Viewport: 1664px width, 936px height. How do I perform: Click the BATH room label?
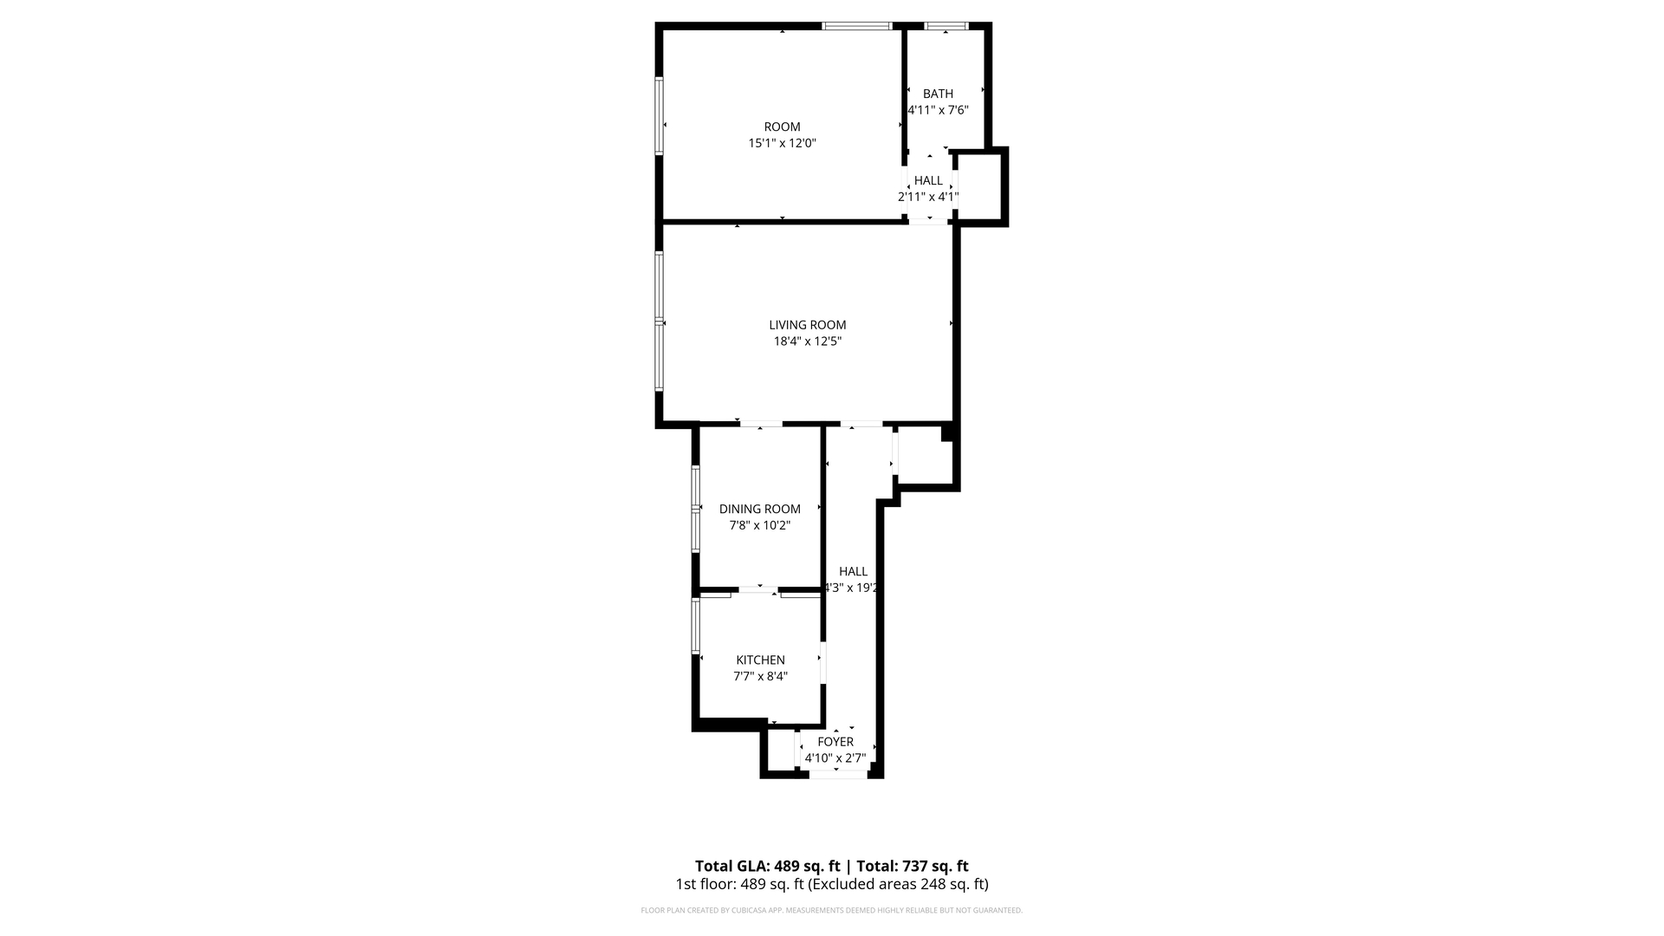point(938,94)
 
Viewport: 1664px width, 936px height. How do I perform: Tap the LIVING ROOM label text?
point(807,325)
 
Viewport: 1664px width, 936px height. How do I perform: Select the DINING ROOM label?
point(759,509)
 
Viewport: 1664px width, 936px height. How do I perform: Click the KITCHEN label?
point(760,660)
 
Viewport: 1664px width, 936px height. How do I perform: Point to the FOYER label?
point(835,742)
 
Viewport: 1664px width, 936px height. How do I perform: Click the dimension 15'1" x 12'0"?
point(782,143)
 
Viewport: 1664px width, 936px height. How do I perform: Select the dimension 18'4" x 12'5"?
point(807,341)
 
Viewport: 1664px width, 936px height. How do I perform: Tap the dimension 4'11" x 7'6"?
point(938,110)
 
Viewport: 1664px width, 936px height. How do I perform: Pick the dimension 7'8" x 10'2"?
point(759,525)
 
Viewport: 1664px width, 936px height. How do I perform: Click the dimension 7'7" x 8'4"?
point(760,677)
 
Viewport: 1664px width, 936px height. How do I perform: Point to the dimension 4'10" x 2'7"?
point(835,758)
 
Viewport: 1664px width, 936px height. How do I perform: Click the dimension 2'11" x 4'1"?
point(927,197)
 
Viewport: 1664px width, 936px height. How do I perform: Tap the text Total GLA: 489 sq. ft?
point(767,866)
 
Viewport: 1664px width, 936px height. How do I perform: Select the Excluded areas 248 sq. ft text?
point(900,885)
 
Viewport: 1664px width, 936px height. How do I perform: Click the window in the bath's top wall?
point(946,26)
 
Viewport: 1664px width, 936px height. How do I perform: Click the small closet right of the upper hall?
point(979,186)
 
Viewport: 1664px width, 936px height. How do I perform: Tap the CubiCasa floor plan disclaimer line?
point(831,911)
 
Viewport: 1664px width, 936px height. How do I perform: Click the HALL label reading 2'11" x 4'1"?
point(928,180)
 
